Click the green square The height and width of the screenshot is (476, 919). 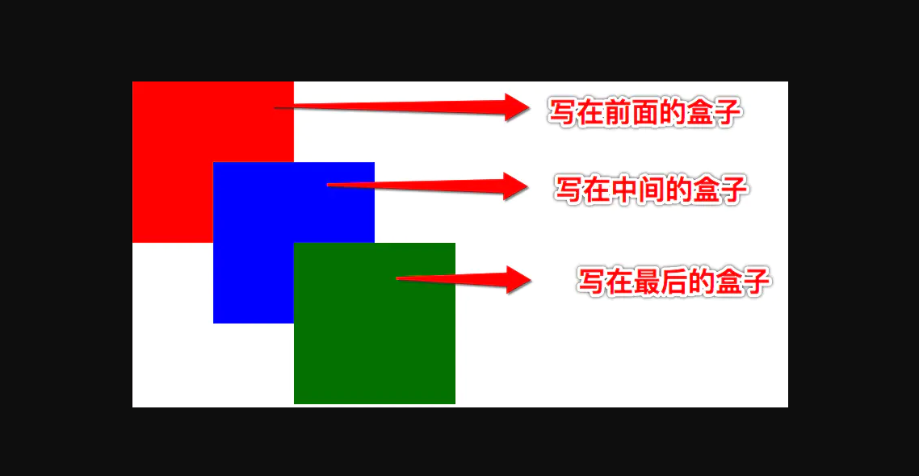tap(375, 324)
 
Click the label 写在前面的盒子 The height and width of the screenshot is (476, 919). tap(645, 112)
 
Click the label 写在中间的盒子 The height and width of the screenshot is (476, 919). tap(651, 190)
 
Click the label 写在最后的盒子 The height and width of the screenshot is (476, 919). tap(674, 282)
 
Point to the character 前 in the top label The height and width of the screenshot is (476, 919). tap(618, 112)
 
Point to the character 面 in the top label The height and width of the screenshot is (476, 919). tap(645, 112)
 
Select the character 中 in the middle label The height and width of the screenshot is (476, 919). tap(623, 190)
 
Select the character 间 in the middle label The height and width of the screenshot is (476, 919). tap(651, 190)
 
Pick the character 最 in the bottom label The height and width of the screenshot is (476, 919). tap(646, 282)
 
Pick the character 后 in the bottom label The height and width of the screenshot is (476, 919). tap(674, 282)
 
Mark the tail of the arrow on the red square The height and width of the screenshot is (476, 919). tap(275, 107)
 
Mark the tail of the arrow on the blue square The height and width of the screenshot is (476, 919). tap(328, 185)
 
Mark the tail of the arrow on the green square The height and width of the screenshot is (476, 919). tap(397, 278)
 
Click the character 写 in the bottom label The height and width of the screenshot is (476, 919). tap(591, 282)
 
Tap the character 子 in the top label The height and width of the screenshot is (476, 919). tap(728, 112)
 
